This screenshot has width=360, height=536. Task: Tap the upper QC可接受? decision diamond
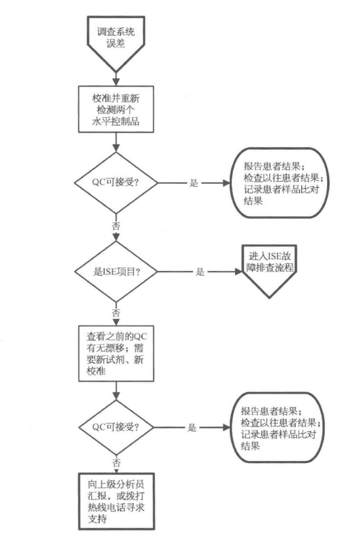click(116, 182)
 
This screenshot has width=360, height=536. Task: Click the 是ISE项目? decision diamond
click(116, 271)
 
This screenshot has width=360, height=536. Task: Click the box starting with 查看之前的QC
click(116, 353)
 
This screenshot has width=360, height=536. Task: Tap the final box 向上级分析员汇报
click(116, 500)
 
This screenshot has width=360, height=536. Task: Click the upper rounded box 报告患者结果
click(279, 182)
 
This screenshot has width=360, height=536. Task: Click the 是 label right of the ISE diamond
click(200, 271)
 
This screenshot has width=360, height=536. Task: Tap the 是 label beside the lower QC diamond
click(193, 428)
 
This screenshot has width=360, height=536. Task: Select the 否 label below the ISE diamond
click(116, 312)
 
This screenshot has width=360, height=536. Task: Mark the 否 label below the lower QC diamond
click(116, 461)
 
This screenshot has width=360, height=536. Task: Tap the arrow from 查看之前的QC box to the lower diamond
click(116, 393)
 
